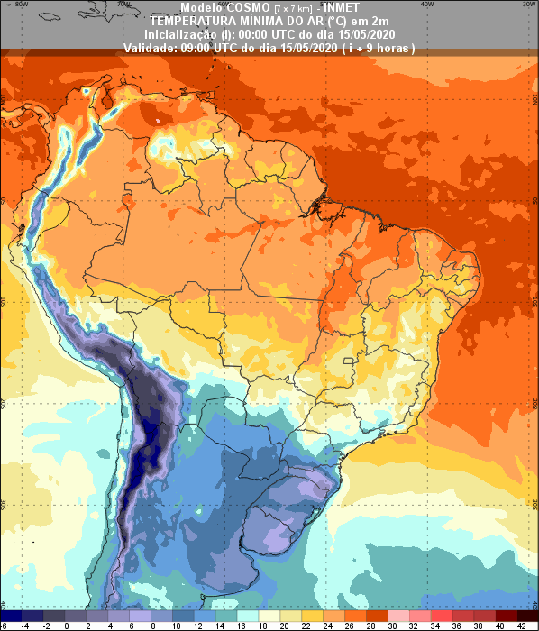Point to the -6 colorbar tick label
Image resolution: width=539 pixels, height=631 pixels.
[x=5, y=625]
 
